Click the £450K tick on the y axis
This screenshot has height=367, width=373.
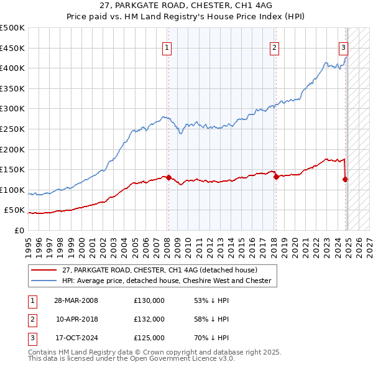click(x=12, y=48)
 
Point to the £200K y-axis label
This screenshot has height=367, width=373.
click(x=12, y=149)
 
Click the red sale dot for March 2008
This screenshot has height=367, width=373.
click(x=168, y=177)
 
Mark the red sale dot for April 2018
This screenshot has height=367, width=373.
click(x=275, y=177)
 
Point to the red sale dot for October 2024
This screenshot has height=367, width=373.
click(x=345, y=179)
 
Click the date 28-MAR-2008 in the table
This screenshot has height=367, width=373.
click(x=76, y=300)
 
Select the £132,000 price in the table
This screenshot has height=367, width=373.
click(x=149, y=319)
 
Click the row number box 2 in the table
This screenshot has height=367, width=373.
click(x=31, y=319)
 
